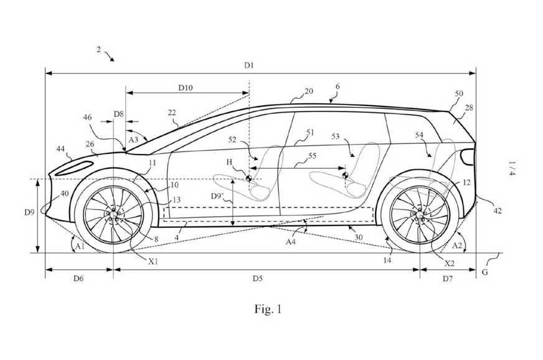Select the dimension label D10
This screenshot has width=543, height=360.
click(x=185, y=88)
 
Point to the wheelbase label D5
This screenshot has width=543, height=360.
click(x=257, y=278)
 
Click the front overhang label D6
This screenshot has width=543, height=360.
click(x=78, y=278)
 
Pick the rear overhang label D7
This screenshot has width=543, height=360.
click(x=447, y=278)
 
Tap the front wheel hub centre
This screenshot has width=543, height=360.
click(x=113, y=215)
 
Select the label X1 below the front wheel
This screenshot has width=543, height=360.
click(x=153, y=261)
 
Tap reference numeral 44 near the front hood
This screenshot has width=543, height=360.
click(x=60, y=149)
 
